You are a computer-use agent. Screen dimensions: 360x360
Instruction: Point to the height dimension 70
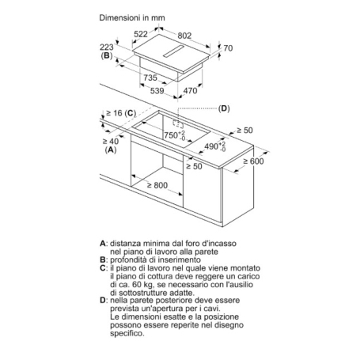[229, 49]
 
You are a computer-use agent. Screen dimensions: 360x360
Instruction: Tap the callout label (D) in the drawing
[223, 108]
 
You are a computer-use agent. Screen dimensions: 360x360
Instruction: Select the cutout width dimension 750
[173, 135]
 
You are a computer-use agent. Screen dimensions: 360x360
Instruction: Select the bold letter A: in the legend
[103, 242]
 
